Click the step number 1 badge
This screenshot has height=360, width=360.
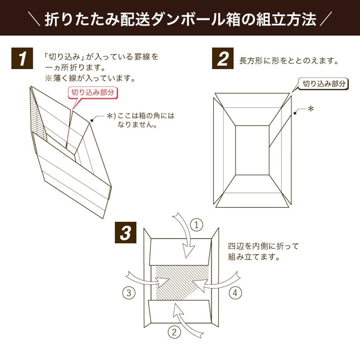click(22, 58)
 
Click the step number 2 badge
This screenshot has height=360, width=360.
click(223, 58)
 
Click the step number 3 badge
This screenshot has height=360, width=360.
click(125, 233)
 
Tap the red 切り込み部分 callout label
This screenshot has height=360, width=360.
click(93, 93)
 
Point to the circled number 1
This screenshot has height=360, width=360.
click(196, 225)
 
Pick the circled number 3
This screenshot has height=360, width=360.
click(129, 293)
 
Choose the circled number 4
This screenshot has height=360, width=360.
click(235, 293)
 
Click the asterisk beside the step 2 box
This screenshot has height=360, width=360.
click(311, 109)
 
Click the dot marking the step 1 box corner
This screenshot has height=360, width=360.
click(91, 121)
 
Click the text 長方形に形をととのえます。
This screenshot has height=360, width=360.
click(289, 61)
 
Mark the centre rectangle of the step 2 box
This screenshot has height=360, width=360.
click(252, 150)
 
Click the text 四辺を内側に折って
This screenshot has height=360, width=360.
click(264, 246)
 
